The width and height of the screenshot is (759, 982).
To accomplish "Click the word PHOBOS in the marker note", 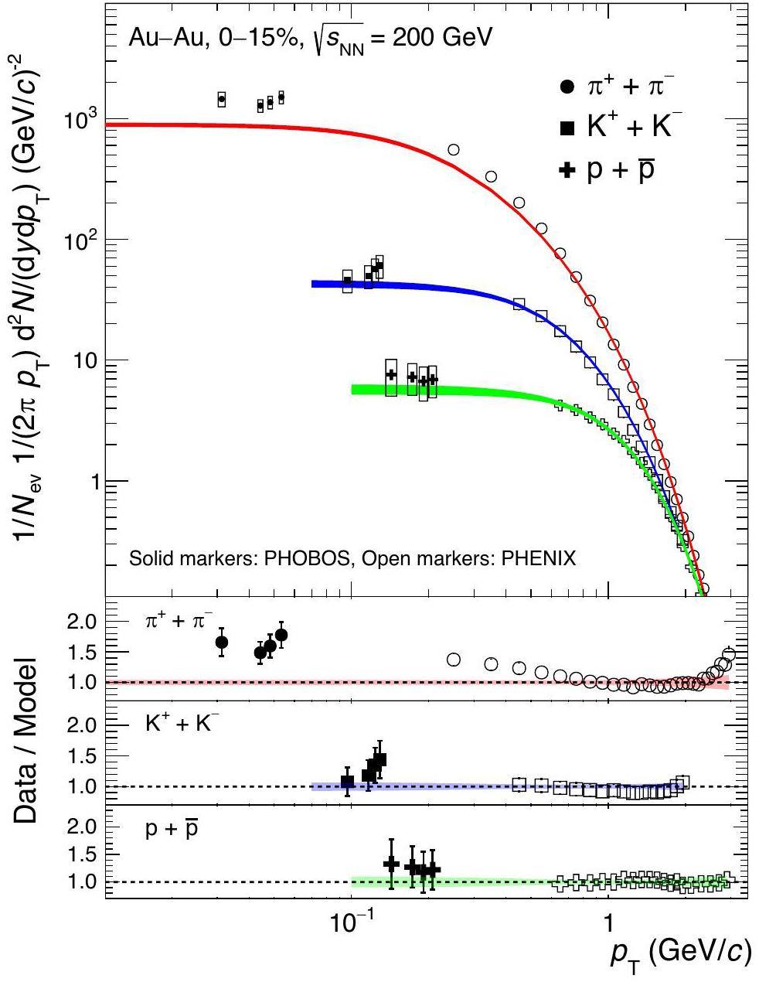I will [x=306, y=557].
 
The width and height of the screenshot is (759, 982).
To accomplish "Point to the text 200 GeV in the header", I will [x=441, y=38].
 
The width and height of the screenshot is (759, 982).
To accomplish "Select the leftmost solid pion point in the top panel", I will [x=222, y=99].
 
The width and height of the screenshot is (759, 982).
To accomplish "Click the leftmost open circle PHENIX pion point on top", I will [x=454, y=149].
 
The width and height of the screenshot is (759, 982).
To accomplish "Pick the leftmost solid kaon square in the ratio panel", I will [x=348, y=781].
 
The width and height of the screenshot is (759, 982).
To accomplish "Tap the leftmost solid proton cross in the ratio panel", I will [x=391, y=863].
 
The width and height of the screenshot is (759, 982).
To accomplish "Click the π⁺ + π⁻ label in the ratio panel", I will [x=174, y=621].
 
